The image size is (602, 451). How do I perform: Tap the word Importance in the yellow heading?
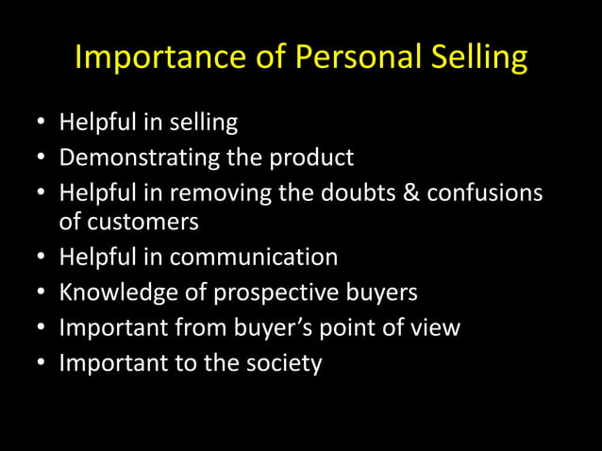tap(151, 58)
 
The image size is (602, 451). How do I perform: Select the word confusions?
tap(484, 192)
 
